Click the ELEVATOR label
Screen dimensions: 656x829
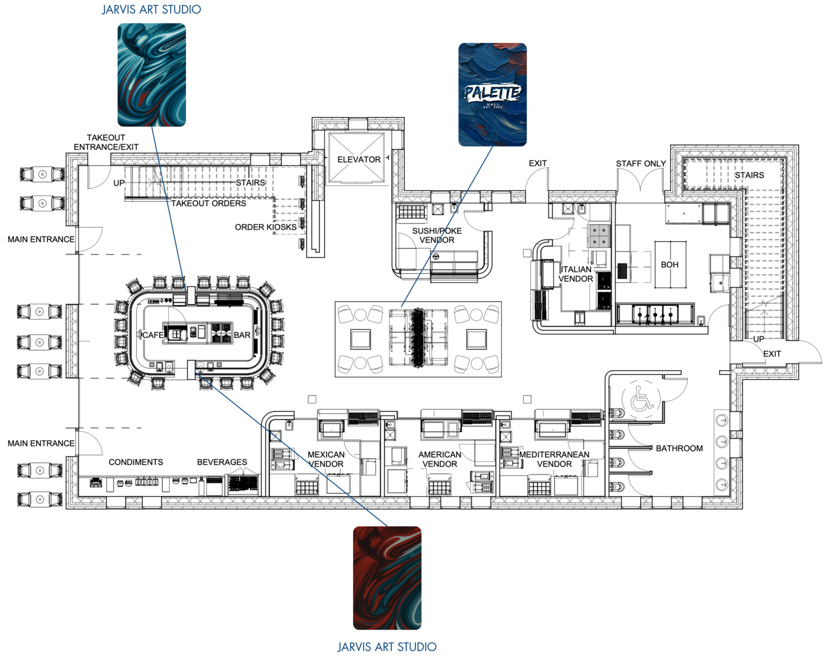pyautogui.click(x=358, y=159)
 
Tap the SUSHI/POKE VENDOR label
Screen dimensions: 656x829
pyautogui.click(x=437, y=235)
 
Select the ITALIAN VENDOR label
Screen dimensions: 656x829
pyautogui.click(x=575, y=274)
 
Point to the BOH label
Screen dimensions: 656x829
pyautogui.click(x=670, y=265)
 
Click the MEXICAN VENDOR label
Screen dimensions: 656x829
pyautogui.click(x=326, y=459)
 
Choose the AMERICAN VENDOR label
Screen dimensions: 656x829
pyautogui.click(x=440, y=459)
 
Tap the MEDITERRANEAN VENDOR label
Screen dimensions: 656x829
pyautogui.click(x=554, y=459)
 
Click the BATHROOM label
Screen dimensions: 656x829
pyautogui.click(x=679, y=448)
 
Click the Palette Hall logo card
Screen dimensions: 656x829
pyautogui.click(x=492, y=95)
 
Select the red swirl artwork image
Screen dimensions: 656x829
pyautogui.click(x=387, y=578)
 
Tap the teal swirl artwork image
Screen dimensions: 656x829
pyautogui.click(x=152, y=75)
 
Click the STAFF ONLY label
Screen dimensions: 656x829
pyautogui.click(x=641, y=164)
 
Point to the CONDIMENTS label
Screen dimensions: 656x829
pyautogui.click(x=135, y=462)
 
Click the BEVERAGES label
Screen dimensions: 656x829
pyautogui.click(x=222, y=462)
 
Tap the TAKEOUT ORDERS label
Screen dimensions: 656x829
pyautogui.click(x=208, y=203)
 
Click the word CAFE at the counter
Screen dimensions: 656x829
pyautogui.click(x=153, y=335)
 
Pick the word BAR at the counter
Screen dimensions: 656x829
pyautogui.click(x=242, y=335)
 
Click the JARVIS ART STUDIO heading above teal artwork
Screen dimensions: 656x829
pyautogui.click(x=151, y=9)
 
